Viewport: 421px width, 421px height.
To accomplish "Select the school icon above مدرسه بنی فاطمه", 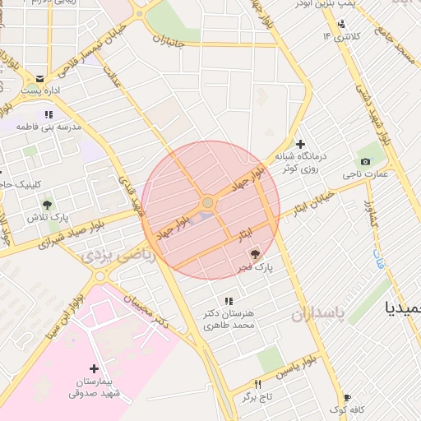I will (49, 114).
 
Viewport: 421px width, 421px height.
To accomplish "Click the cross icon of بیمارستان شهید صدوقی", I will (94, 368).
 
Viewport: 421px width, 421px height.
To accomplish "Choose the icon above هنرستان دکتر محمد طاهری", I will (228, 301).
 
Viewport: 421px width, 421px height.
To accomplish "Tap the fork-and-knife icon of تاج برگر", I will (258, 385).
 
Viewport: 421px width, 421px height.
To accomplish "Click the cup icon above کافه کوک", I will (346, 397).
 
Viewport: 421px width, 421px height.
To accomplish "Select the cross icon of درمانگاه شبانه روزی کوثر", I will (301, 144).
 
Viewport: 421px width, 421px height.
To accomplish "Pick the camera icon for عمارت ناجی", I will (365, 161).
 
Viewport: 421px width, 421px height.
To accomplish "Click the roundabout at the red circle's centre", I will (208, 202).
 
